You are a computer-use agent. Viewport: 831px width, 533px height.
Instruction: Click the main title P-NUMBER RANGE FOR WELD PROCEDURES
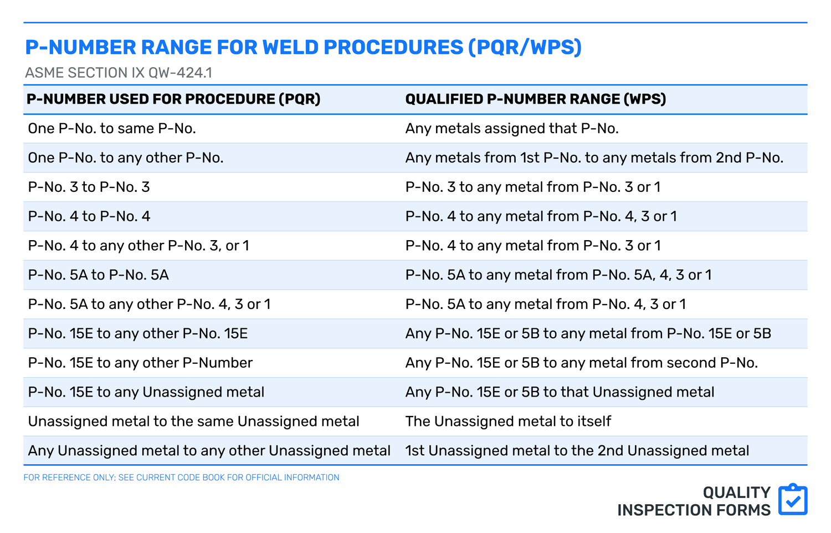pos(303,48)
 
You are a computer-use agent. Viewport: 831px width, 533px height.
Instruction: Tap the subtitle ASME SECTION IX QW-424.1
pos(119,73)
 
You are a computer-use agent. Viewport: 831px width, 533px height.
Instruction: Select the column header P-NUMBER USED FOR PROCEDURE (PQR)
pos(173,99)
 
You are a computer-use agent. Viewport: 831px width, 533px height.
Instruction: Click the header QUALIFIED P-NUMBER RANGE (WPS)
pos(535,99)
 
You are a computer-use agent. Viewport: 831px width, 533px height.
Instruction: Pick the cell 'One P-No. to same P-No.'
pos(112,129)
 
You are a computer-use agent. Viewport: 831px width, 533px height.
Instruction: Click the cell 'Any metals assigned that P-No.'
pos(512,129)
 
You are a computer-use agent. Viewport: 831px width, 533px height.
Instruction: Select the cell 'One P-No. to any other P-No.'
pos(126,158)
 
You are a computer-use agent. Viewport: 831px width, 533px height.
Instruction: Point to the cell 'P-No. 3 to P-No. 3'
pos(89,187)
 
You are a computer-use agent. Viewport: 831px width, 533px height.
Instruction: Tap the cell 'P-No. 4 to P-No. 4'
pos(89,216)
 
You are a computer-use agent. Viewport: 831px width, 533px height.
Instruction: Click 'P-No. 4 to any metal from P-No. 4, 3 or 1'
pos(541,216)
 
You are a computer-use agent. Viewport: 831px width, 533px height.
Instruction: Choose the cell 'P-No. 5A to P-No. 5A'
pos(99,275)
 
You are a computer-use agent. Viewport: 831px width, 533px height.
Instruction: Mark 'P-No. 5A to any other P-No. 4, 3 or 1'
pos(149,304)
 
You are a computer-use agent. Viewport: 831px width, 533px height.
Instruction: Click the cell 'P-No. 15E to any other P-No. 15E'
pos(138,333)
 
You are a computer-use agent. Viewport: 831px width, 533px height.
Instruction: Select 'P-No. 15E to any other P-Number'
pos(140,363)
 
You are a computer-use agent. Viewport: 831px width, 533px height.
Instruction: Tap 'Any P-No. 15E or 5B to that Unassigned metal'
pos(560,392)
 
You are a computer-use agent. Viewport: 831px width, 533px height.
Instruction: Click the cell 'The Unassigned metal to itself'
pos(508,422)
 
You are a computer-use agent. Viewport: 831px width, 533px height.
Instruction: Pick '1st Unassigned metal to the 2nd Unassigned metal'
pos(577,451)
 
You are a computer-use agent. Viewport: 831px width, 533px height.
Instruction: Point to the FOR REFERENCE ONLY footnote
pos(181,478)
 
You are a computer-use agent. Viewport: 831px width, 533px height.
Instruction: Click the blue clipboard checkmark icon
pos(793,500)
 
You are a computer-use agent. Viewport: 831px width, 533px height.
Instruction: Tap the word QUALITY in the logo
pos(736,493)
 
